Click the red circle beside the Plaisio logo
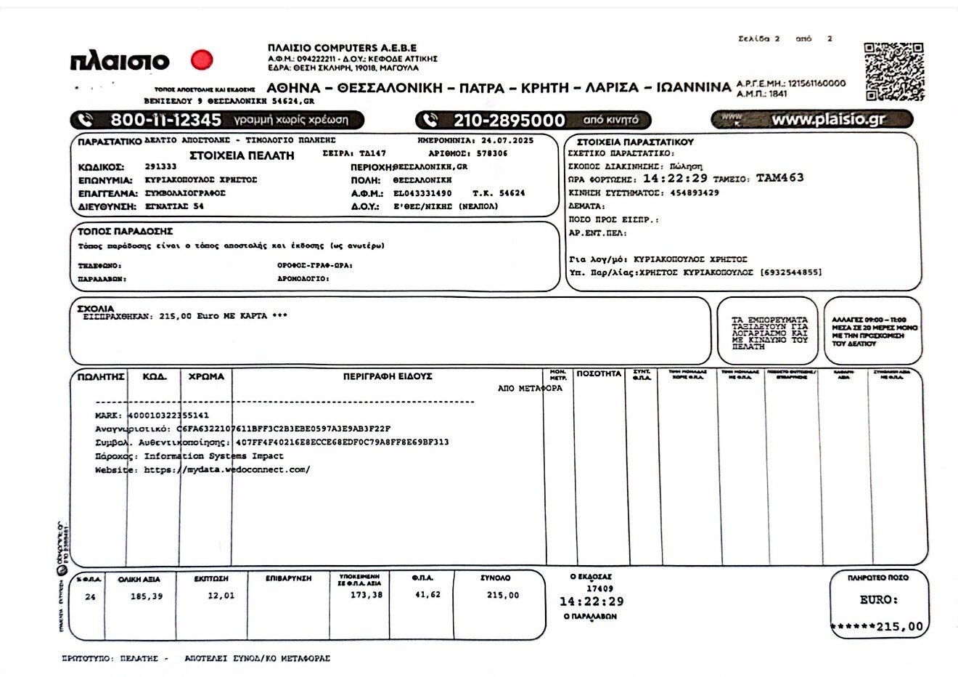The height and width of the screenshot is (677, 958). (x=201, y=60)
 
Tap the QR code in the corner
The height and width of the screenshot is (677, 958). (x=895, y=72)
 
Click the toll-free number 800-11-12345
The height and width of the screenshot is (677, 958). (x=165, y=120)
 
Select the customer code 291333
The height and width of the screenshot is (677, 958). (x=160, y=166)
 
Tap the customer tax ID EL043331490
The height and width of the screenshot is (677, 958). (x=422, y=193)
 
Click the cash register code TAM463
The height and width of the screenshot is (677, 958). (x=779, y=178)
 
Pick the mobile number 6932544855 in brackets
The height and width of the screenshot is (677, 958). (x=790, y=272)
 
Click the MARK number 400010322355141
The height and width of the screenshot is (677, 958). (x=168, y=415)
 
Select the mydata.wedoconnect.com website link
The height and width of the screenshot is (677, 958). (x=226, y=470)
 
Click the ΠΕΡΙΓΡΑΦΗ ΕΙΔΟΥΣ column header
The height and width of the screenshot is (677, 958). (x=388, y=376)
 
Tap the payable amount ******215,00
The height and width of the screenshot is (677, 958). (x=877, y=627)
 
